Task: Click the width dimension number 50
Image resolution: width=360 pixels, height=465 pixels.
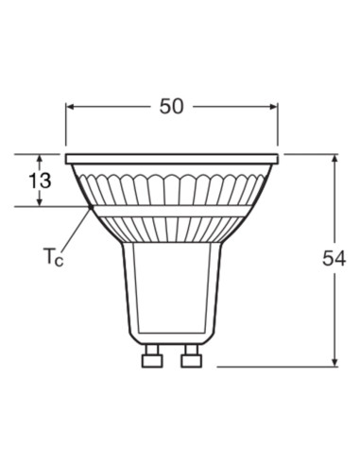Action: (171, 107)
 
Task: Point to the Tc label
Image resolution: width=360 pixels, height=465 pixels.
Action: (52, 256)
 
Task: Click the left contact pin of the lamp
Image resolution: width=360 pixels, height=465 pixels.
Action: (150, 358)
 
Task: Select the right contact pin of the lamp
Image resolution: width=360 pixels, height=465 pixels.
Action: (192, 358)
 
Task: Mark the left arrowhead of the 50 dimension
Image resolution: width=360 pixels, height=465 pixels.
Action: (70, 107)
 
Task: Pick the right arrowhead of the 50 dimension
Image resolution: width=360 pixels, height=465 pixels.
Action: (273, 107)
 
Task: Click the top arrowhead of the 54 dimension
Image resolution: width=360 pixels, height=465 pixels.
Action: (335, 159)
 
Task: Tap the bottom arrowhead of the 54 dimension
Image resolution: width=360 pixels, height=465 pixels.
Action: (335, 360)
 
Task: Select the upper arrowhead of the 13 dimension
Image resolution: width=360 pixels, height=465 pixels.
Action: (41, 158)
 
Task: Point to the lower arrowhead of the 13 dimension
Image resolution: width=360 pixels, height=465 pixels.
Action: (41, 201)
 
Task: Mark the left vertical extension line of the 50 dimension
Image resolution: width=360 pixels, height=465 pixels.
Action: (65, 128)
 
